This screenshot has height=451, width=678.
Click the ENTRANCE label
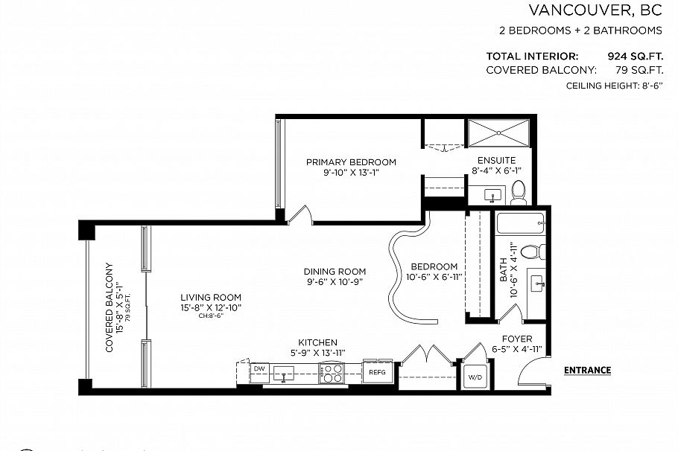pyautogui.click(x=587, y=370)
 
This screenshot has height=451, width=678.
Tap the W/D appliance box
pyautogui.click(x=475, y=377)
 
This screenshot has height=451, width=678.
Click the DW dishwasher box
pyautogui.click(x=259, y=369)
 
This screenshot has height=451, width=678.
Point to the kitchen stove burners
pyautogui.click(x=332, y=372)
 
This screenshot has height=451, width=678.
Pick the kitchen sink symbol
pyautogui.click(x=285, y=373)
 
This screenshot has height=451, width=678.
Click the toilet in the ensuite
pyautogui.click(x=519, y=192)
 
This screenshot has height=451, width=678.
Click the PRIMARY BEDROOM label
pyautogui.click(x=351, y=162)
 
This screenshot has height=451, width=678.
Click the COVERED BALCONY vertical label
pyautogui.click(x=110, y=307)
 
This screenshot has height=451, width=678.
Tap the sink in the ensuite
pyautogui.click(x=491, y=196)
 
